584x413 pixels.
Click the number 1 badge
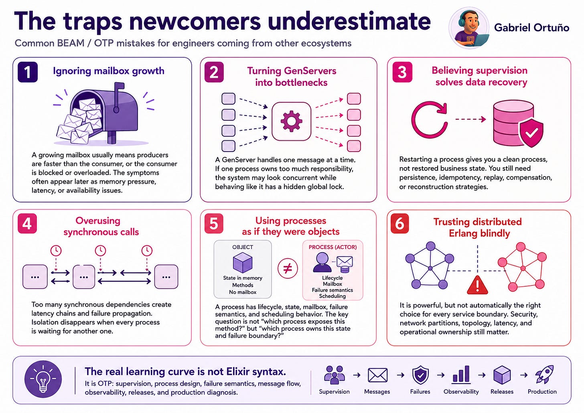[x=28, y=72]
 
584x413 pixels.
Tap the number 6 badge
[x=399, y=224]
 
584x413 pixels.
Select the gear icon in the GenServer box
[x=291, y=121]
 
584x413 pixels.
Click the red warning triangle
[x=477, y=285]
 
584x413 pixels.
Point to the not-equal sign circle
[x=288, y=269]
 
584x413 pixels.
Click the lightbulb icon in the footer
[x=43, y=379]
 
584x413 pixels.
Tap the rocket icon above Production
[x=545, y=374]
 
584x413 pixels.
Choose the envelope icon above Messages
[x=377, y=375]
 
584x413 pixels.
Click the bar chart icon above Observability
[x=461, y=375]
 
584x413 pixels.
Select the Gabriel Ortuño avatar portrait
[x=469, y=28]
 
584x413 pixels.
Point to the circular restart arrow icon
[x=429, y=119]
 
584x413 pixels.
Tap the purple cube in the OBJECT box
[x=242, y=263]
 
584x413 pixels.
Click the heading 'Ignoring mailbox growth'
[x=109, y=71]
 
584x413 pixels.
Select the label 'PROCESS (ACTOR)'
[x=333, y=247]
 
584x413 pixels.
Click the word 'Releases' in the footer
[x=502, y=392]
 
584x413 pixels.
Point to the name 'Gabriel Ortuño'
[x=531, y=28]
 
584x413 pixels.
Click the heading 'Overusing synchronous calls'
[x=101, y=226]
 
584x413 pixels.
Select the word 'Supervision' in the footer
[x=334, y=392]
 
